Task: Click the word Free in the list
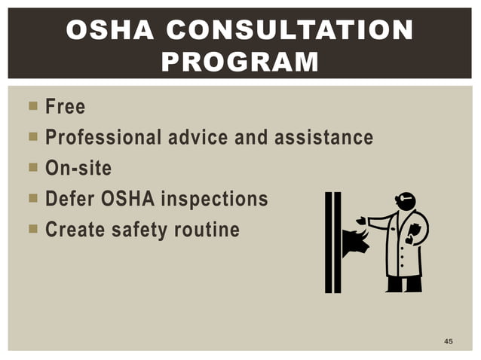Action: (x=65, y=107)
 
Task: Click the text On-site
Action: (x=78, y=168)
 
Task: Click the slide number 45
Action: (x=449, y=342)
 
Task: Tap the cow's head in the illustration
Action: (x=355, y=243)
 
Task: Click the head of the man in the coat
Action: (x=406, y=202)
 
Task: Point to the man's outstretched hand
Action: (x=363, y=221)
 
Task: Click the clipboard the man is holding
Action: (x=415, y=234)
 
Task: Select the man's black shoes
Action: (x=404, y=285)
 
